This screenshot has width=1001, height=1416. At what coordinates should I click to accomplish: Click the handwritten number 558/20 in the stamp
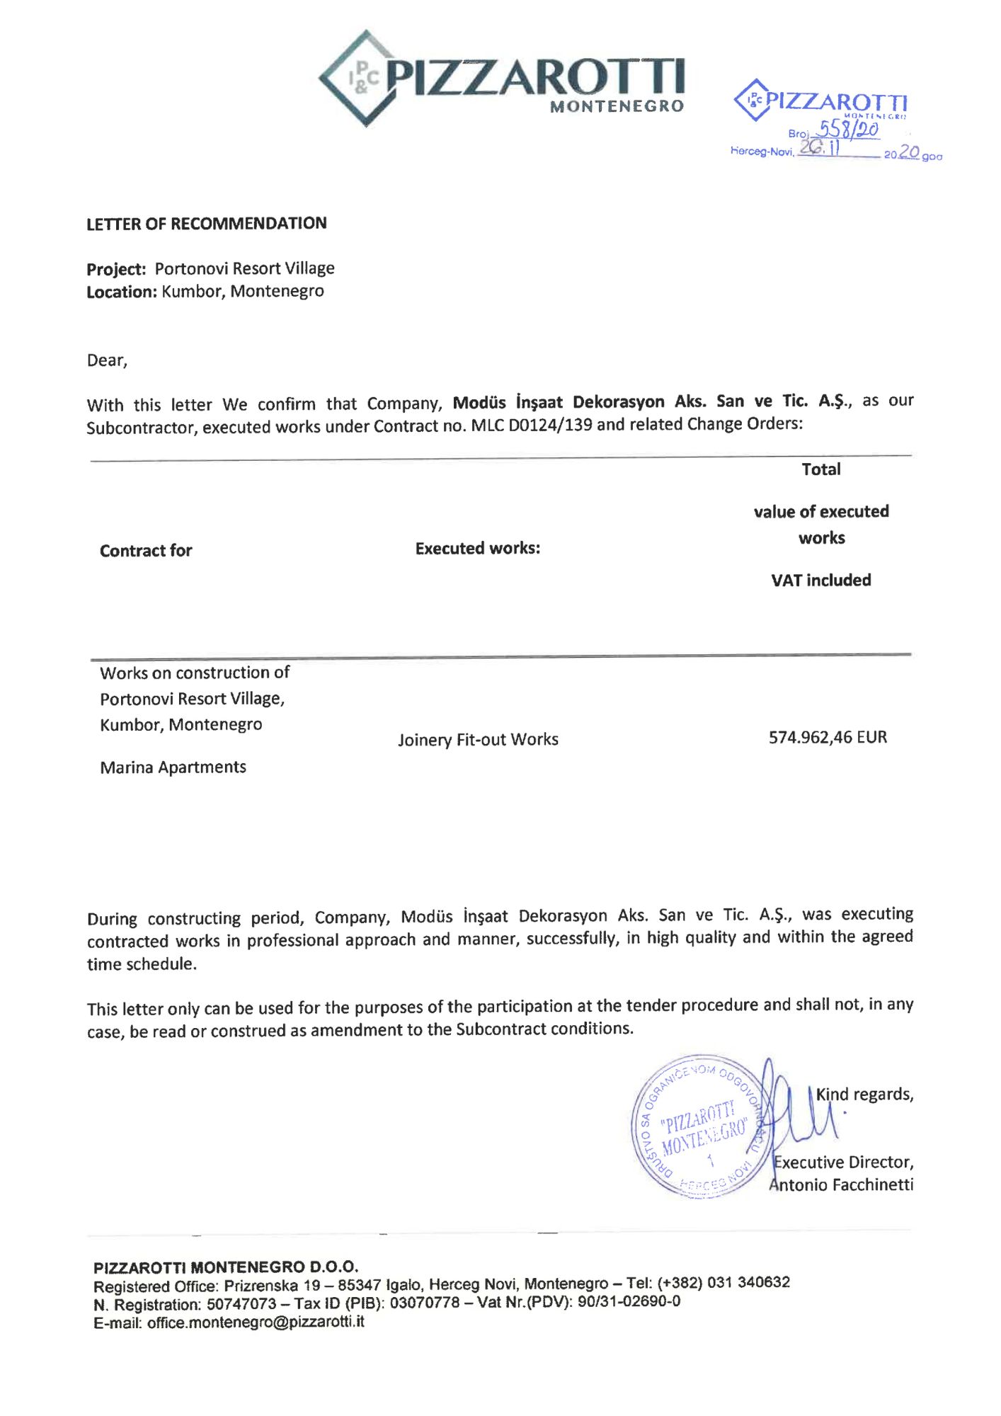(847, 129)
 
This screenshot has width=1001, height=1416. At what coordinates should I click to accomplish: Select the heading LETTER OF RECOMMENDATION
(206, 224)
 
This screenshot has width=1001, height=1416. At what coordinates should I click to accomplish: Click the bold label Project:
(116, 270)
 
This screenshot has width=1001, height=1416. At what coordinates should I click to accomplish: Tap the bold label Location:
(121, 292)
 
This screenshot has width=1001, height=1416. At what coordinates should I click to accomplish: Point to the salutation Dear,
(107, 360)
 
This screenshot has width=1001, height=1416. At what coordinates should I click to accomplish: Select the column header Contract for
(146, 551)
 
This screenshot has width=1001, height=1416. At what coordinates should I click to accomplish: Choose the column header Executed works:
(477, 549)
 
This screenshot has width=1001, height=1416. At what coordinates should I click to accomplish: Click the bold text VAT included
(820, 581)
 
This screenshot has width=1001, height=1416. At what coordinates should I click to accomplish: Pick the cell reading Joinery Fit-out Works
(478, 740)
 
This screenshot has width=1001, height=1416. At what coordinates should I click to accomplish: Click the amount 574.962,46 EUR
(828, 738)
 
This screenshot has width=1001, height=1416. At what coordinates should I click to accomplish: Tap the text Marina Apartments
(173, 767)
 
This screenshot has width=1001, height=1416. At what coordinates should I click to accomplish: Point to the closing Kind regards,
(864, 1095)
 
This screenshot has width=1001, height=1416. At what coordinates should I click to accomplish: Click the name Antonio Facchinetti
(842, 1185)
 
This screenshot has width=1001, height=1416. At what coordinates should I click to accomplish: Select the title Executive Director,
(843, 1163)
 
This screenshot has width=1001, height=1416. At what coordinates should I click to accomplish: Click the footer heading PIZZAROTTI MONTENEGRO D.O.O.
(226, 1267)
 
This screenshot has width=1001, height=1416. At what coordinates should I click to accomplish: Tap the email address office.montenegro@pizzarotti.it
(256, 1322)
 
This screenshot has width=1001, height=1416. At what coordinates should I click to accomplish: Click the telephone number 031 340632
(748, 1282)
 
